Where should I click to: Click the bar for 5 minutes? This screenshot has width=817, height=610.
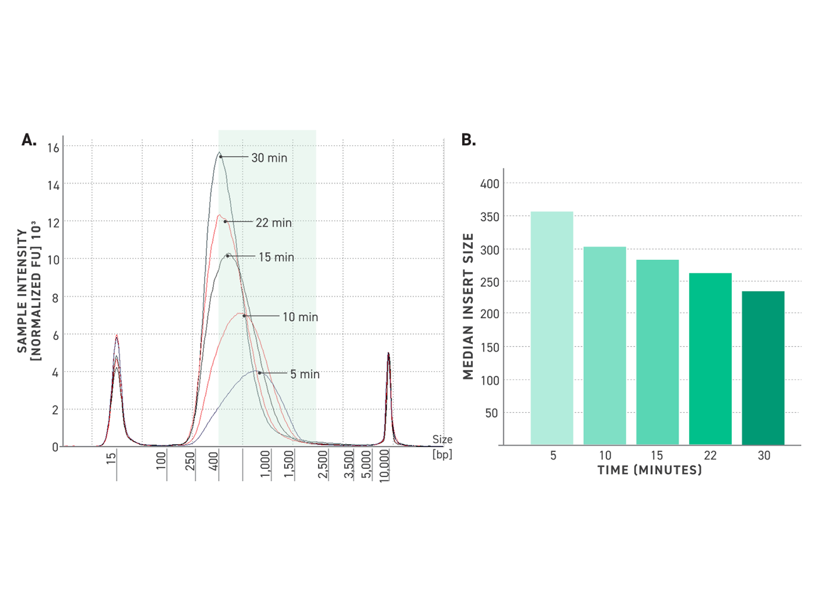coord(552,328)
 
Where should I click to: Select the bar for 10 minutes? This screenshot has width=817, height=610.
coord(605,346)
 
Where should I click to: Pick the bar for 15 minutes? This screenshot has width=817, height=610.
coord(657,352)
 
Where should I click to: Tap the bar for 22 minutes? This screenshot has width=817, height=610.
coord(710,359)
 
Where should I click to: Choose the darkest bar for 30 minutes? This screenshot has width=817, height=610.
coord(763,368)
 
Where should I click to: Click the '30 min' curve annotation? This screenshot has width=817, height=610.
coord(269,158)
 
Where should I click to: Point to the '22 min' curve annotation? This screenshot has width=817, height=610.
coord(273,223)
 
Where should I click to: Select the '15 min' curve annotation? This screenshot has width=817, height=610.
coord(276,257)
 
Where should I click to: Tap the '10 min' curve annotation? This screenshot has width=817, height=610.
coord(300,317)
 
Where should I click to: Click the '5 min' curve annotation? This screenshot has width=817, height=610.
coord(305,374)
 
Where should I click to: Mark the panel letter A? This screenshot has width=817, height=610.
coord(29,140)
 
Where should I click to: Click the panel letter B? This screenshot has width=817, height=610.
coord(469,140)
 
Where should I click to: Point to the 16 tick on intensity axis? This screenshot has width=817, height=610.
coord(54,148)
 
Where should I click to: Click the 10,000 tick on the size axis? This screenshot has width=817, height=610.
coord(384,465)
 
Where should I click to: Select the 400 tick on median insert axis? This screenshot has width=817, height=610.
coord(490,184)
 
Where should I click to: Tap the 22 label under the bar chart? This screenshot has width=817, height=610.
coord(710,455)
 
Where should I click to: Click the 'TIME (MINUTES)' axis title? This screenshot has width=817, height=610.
coord(650,470)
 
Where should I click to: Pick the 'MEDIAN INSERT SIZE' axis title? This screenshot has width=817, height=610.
coord(469,306)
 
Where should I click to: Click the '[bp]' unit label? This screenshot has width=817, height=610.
coord(442,454)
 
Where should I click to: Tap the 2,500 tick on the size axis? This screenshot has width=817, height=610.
coord(323,464)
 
